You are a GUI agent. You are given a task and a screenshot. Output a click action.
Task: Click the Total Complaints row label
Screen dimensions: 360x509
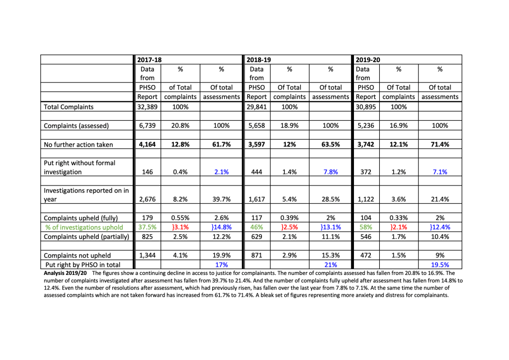coord(68,107)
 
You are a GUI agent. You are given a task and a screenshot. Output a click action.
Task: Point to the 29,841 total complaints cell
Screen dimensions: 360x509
coord(257,107)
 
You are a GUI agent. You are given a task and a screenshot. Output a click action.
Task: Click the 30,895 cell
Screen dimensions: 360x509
coord(366,107)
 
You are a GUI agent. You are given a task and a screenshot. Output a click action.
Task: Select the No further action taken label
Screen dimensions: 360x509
coord(79,145)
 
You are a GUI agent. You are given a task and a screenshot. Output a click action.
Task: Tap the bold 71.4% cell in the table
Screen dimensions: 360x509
coord(439,145)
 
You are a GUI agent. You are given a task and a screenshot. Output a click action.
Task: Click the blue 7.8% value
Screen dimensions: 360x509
coord(330,172)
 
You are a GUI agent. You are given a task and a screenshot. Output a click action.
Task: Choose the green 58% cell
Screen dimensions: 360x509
coord(366,227)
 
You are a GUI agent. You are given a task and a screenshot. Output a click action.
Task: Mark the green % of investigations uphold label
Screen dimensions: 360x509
coord(84,227)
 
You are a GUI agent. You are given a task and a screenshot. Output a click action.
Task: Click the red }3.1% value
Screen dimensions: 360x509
coord(180,227)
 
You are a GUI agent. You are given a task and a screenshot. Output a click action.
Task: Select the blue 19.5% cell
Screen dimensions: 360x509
coord(439,265)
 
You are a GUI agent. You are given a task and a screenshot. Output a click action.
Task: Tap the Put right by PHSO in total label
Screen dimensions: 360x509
coord(83,265)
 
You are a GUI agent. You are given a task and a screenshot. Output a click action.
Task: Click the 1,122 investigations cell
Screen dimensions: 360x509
coord(366,199)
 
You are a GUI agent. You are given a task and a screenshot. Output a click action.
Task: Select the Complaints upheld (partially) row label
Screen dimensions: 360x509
coord(86,237)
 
